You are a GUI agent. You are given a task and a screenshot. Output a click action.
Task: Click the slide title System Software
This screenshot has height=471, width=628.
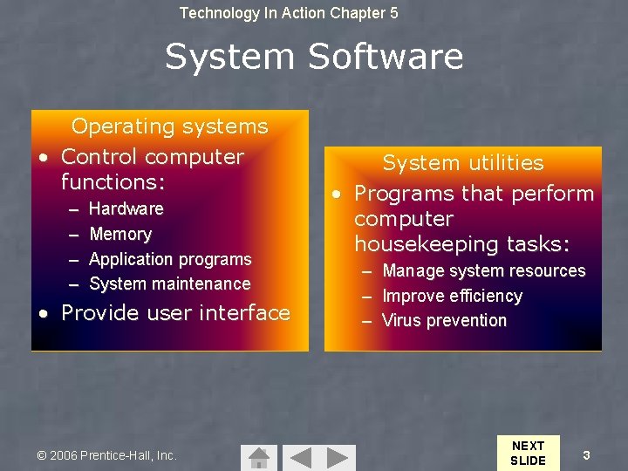(x=314, y=57)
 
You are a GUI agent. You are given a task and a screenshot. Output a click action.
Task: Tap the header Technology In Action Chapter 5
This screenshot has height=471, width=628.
(x=288, y=13)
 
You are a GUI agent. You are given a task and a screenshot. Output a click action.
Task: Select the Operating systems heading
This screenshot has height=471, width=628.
(x=169, y=126)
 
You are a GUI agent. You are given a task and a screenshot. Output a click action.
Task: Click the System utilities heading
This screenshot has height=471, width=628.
(x=463, y=163)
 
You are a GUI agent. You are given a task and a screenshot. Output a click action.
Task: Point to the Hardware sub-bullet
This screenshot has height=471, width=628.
(x=126, y=208)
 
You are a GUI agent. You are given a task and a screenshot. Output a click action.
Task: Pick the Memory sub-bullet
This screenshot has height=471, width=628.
(x=120, y=234)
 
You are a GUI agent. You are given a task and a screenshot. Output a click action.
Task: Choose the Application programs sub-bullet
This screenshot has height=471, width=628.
(x=170, y=259)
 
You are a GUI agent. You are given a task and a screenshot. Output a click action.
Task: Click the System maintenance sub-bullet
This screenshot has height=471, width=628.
(x=170, y=283)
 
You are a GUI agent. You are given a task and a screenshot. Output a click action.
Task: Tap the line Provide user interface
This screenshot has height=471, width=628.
(x=174, y=313)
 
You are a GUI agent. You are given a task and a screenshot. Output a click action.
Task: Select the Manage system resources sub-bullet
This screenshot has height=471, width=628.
(x=484, y=270)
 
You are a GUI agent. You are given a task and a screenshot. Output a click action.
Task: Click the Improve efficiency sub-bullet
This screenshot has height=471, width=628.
(x=452, y=296)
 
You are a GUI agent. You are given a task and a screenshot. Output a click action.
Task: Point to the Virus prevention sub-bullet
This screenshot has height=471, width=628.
(x=444, y=320)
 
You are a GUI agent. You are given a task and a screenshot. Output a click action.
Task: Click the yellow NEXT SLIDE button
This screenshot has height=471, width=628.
(x=528, y=453)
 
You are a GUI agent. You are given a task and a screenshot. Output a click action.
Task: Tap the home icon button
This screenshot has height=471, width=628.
(x=258, y=457)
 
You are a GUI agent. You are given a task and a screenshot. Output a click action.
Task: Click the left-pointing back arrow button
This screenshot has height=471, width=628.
(x=300, y=457)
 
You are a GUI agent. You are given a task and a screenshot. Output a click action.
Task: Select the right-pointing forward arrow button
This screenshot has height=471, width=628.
(x=341, y=457)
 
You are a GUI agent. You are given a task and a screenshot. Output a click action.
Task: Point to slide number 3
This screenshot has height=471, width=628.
(x=587, y=454)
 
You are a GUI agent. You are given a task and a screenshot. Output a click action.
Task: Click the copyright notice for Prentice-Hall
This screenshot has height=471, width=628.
(x=107, y=455)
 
